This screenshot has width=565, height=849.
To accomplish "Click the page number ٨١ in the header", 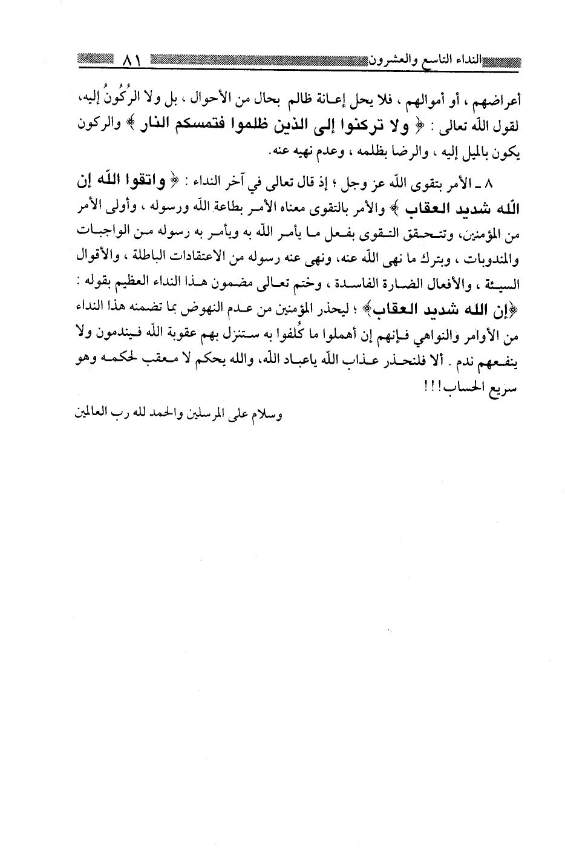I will tap(131, 61).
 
